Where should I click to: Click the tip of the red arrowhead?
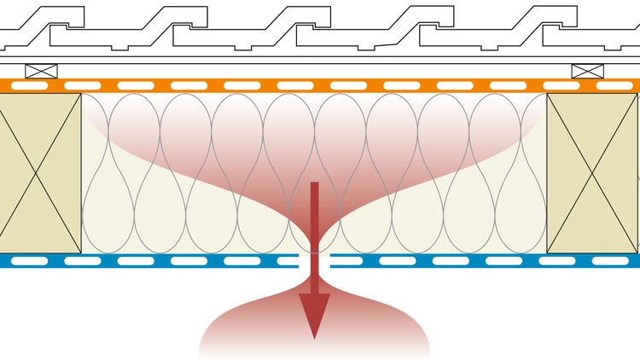tap(314, 338)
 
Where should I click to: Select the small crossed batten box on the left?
tap(41, 72)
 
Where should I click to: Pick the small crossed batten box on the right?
tap(587, 72)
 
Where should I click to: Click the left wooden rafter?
tap(39, 173)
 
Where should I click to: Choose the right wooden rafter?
tap(592, 173)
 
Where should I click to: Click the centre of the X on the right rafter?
tap(592, 173)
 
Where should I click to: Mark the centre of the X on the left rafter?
tap(38, 173)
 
